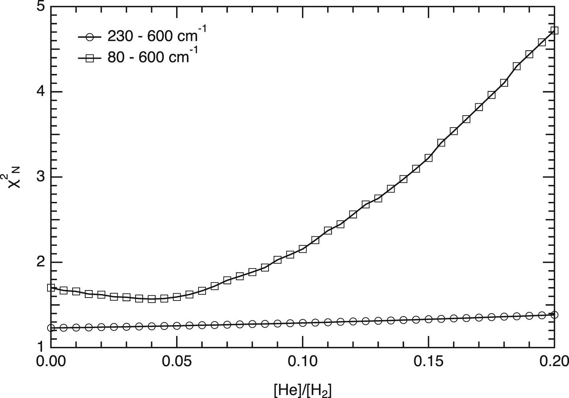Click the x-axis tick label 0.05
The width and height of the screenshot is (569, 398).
tap(176, 362)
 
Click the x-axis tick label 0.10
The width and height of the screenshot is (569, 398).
tap(303, 362)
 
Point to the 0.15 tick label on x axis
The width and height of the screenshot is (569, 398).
tap(428, 362)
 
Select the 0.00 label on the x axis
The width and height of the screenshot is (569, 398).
tap(51, 362)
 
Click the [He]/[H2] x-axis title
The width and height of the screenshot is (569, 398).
tap(303, 390)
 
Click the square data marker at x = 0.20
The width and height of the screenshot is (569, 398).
tap(555, 30)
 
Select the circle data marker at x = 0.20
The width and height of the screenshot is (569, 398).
tap(555, 315)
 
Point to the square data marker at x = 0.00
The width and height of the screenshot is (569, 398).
tap(51, 288)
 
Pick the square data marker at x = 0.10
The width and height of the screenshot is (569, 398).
tap(303, 249)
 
